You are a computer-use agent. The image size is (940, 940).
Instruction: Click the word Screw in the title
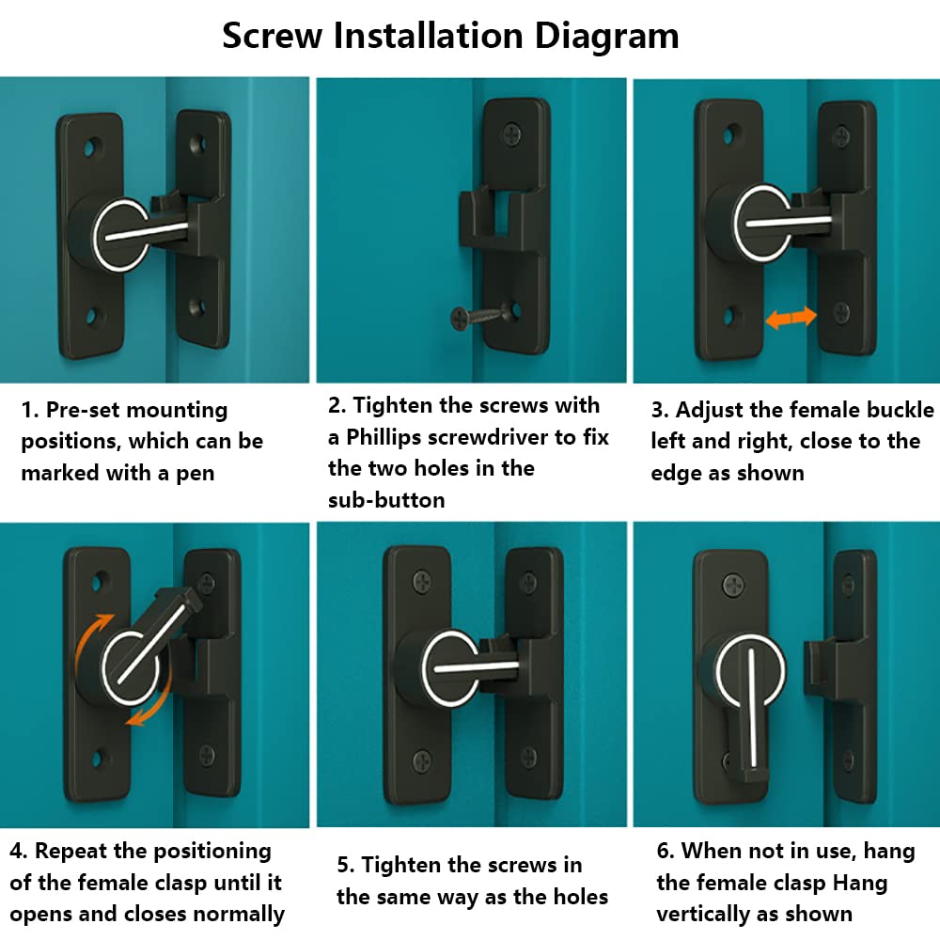273,36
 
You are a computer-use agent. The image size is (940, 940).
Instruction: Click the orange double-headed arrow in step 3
791,318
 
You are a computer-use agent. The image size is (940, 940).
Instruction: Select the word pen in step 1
196,474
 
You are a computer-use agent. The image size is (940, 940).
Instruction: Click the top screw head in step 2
512,133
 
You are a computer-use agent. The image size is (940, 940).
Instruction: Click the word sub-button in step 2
386,500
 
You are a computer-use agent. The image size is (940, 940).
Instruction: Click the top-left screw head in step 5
423,581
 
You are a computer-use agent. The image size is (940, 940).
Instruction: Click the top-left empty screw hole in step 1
93,147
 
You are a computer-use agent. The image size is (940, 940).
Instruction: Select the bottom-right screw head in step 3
842,311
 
